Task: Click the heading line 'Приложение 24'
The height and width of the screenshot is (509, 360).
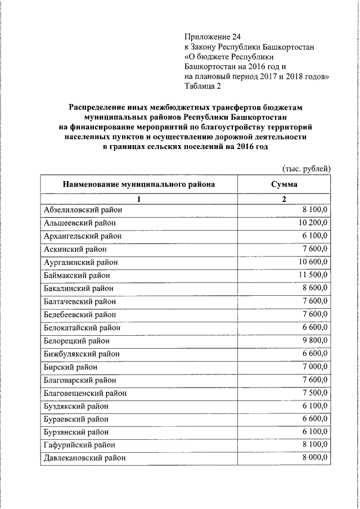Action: pyautogui.click(x=212, y=37)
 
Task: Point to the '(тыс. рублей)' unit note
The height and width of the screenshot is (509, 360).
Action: pyautogui.click(x=305, y=168)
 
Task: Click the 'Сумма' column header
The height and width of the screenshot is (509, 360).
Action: pyautogui.click(x=284, y=184)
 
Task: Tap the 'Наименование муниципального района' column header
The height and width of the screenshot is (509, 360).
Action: pyautogui.click(x=138, y=184)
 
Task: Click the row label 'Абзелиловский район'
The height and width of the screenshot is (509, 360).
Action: pyautogui.click(x=83, y=210)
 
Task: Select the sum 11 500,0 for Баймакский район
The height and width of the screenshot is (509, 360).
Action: pyautogui.click(x=313, y=275)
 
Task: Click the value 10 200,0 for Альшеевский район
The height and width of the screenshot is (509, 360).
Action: pyautogui.click(x=313, y=223)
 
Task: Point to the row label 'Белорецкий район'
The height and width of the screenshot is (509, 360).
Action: pyautogui.click(x=76, y=341)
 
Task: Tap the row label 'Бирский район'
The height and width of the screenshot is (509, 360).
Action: pyautogui.click(x=70, y=367)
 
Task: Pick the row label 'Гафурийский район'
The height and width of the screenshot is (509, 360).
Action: pyautogui.click(x=79, y=445)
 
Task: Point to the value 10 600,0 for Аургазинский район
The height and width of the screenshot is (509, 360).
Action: pyautogui.click(x=313, y=262)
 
